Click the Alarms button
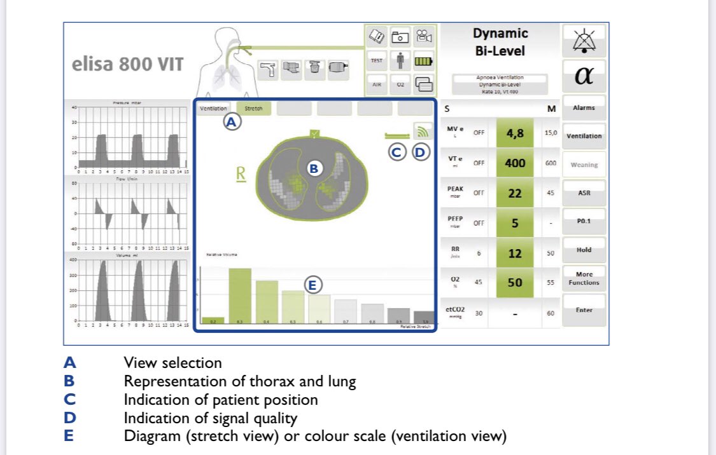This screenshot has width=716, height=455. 584,108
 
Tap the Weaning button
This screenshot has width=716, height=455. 584,165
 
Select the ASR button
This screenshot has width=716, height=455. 584,193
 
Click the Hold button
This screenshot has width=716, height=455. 584,250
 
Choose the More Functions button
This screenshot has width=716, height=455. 584,278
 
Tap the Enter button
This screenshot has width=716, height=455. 584,310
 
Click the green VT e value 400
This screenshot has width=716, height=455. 515,163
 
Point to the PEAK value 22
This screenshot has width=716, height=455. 515,193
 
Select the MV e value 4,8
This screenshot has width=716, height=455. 515,133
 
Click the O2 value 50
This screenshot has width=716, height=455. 515,282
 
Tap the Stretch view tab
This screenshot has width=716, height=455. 253,109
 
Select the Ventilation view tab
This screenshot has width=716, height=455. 213,109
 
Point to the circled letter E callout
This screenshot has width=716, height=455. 312,285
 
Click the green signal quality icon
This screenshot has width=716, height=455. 421,131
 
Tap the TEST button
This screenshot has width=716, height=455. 377,61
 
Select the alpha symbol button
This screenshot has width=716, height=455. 584,76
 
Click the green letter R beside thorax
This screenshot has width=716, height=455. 241,175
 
